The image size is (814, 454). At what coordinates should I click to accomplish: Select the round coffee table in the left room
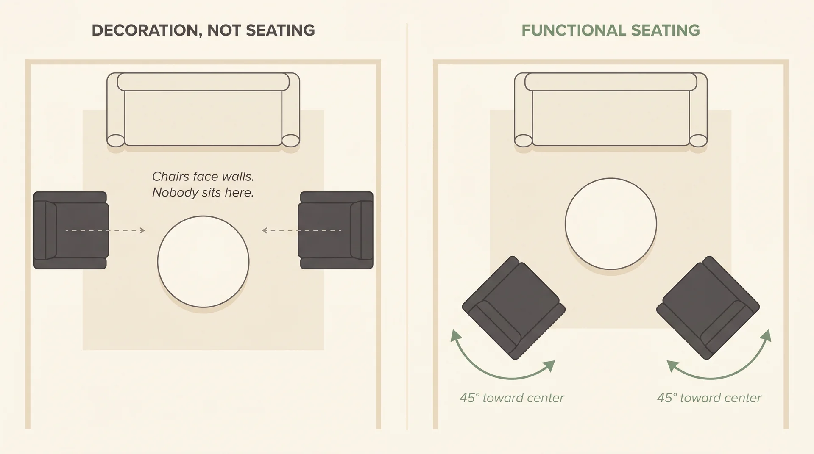point(203,262)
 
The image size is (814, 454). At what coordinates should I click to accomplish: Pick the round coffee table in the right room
point(610,224)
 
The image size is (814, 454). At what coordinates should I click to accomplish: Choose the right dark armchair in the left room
point(336,230)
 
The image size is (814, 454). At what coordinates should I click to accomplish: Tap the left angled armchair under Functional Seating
point(513,308)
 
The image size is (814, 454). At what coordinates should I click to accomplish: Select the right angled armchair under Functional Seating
point(708,308)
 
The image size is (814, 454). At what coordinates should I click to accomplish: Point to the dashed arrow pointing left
point(301,230)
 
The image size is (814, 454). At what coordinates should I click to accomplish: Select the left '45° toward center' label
point(512,398)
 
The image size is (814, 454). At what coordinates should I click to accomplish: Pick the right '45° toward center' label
point(709,398)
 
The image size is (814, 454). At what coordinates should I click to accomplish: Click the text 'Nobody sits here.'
point(203,193)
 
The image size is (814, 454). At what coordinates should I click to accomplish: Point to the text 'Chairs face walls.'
point(203,176)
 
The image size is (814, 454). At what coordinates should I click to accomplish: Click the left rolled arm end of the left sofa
point(115,140)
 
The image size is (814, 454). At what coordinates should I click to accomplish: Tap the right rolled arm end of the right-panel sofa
point(698,140)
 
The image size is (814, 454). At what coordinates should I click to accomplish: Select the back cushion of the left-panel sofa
point(203,82)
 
